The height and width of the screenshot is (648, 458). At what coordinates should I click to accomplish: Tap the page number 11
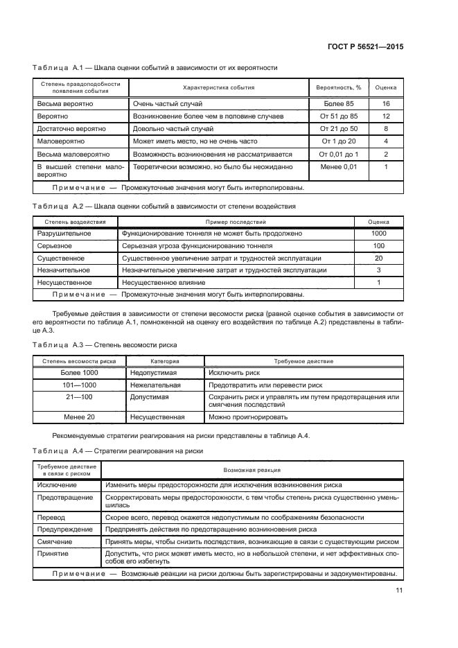coord(399,590)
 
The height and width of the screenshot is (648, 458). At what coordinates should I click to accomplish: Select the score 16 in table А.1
coord(385,103)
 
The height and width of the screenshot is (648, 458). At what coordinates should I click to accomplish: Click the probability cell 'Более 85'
coord(338,103)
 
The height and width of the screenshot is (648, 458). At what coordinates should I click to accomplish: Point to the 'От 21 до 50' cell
coord(338,129)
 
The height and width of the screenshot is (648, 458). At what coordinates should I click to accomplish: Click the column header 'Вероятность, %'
coord(339,88)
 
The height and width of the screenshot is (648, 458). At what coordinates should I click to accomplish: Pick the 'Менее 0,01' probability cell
coord(338,167)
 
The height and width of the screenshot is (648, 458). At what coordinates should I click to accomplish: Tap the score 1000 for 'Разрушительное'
coord(378,234)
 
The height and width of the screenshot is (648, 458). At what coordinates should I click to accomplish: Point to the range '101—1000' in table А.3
coord(79,385)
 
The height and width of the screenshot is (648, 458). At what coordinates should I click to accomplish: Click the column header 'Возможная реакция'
coord(252,470)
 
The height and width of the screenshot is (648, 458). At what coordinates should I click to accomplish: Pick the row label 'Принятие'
coord(53,554)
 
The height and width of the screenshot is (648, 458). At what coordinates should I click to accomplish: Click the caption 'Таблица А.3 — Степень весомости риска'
coord(105,344)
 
